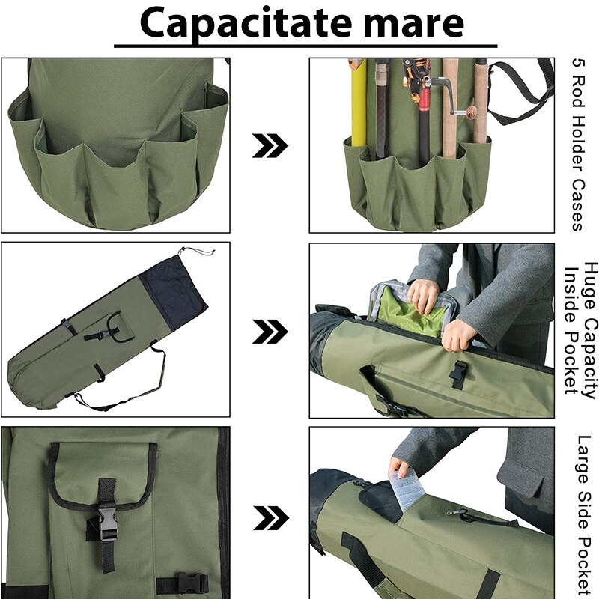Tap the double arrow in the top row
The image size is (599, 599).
click(x=269, y=146)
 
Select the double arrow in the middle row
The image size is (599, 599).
click(x=269, y=329)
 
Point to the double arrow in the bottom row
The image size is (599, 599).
click(x=269, y=516)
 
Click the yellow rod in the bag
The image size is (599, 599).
click(x=358, y=105)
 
